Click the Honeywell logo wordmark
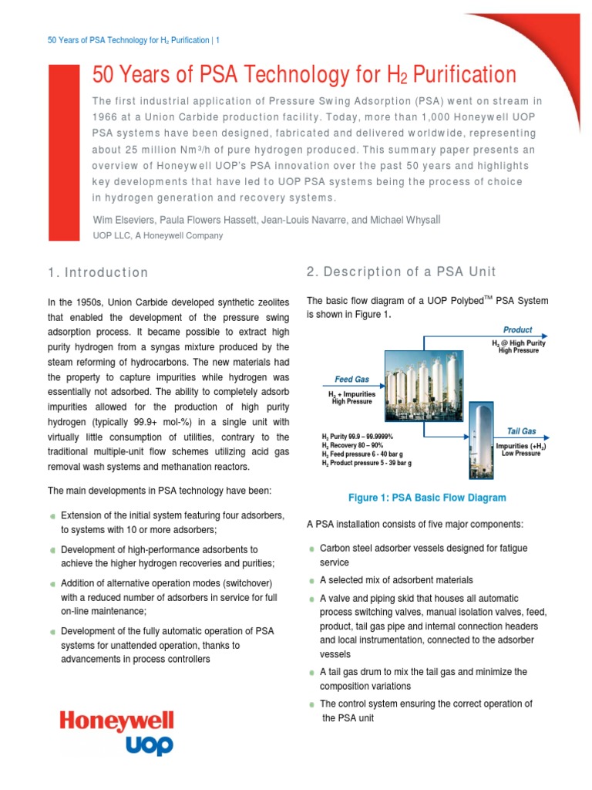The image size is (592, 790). (x=117, y=722)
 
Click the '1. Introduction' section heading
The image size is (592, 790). (x=98, y=272)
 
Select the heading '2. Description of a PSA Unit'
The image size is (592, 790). (x=402, y=272)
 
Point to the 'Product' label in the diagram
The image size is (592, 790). (x=517, y=329)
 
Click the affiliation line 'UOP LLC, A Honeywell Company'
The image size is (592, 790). (x=158, y=235)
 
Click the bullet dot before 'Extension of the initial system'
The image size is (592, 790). (x=52, y=516)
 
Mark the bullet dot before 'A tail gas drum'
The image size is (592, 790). (x=311, y=672)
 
